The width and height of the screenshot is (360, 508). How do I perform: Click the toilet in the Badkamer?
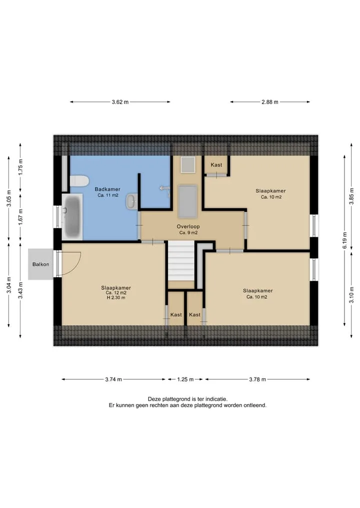coord(79,181)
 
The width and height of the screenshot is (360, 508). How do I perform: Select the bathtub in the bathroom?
coord(72,217)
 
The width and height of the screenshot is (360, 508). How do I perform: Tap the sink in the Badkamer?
coord(131,201)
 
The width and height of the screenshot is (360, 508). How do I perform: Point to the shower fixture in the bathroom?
coord(165,190)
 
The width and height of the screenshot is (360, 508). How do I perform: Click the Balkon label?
coord(41,264)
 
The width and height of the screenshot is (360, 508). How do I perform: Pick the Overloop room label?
coord(188,226)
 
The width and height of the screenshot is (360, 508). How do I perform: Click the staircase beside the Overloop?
coord(180,261)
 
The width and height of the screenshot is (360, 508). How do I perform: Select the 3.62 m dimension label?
coord(120,102)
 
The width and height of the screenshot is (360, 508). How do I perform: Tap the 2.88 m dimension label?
coord(270,102)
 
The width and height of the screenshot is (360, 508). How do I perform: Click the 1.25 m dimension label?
coord(185,380)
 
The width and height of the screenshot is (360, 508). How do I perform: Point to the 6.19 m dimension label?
coord(345,240)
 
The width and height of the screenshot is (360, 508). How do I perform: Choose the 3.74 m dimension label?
coord(113,380)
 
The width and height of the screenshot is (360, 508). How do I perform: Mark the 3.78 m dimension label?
coord(257,380)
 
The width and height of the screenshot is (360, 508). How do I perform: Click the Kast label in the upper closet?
coord(216,165)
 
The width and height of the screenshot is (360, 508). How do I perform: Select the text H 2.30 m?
coord(116,298)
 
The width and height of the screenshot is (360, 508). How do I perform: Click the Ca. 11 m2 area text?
coord(107,195)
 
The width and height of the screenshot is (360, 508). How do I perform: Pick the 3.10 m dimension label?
coord(351,295)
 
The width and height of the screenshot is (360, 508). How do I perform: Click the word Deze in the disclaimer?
coord(154,399)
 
